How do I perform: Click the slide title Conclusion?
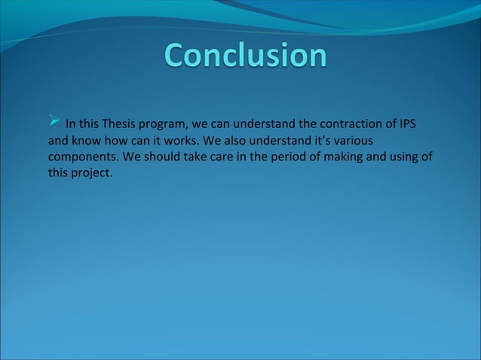tap(246, 55)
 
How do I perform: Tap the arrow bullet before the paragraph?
tap(54, 120)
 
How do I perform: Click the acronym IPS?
tap(408, 124)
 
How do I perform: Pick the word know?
tap(87, 140)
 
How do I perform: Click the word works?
tap(181, 140)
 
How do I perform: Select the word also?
tap(235, 140)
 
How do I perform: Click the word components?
tap(83, 157)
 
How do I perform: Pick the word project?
tap(92, 173)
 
